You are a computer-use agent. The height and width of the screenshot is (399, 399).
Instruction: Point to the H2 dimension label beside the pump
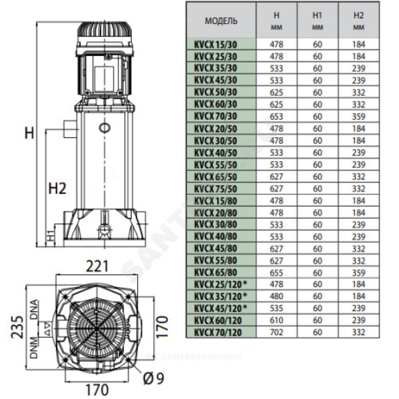57,188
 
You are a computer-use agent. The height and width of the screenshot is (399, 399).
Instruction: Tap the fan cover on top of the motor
104,29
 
